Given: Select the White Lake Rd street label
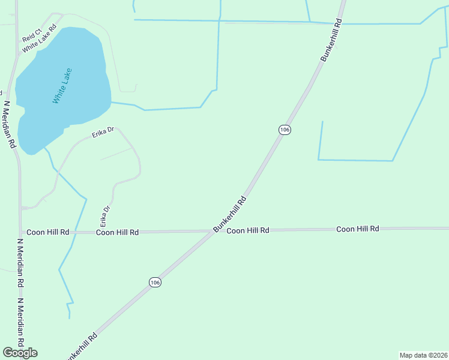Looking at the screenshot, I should click(x=40, y=38).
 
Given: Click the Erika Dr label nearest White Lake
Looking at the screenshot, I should click(x=103, y=133).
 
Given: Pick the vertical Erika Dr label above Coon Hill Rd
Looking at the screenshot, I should click(x=106, y=217).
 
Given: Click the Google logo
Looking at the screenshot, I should click(x=20, y=353).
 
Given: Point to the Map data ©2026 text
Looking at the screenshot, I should click(x=423, y=355).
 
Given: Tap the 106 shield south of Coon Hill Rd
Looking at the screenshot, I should click(x=155, y=282).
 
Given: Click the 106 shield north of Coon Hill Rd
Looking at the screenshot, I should click(x=285, y=130).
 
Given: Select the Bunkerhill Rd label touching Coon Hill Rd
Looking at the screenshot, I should click(x=229, y=214).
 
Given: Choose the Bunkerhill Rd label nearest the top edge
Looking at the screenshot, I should click(x=331, y=40).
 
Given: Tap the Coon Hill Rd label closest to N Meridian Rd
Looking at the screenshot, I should click(x=48, y=232).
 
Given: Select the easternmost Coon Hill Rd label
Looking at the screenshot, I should click(x=358, y=229).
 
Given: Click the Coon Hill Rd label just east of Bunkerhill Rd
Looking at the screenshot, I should click(x=247, y=230).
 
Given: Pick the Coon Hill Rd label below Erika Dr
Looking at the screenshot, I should click(x=118, y=232).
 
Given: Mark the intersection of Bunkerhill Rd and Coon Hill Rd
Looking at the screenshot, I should click(x=214, y=231).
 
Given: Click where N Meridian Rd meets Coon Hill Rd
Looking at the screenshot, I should click(x=21, y=232).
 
